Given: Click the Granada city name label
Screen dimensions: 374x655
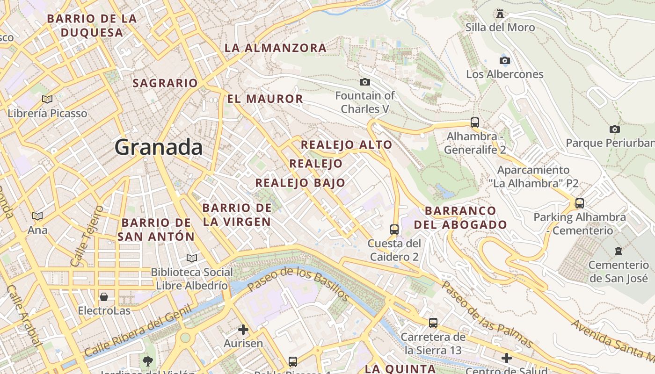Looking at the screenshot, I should pyautogui.click(x=159, y=147).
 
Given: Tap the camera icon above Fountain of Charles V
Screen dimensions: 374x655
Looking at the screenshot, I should pyautogui.click(x=365, y=82).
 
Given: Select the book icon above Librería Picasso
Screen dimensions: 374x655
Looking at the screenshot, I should pyautogui.click(x=47, y=99).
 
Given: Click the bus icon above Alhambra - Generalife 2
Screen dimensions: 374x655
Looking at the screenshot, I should pyautogui.click(x=475, y=122).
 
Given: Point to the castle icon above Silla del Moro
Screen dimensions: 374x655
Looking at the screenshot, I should pyautogui.click(x=500, y=13).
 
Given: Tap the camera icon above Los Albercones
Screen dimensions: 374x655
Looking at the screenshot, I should pyautogui.click(x=504, y=60).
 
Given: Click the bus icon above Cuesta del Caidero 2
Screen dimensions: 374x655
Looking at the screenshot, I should pyautogui.click(x=394, y=229).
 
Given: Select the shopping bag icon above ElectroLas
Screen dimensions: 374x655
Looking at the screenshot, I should pyautogui.click(x=104, y=297).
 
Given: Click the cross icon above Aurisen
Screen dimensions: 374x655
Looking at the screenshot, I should pyautogui.click(x=243, y=330).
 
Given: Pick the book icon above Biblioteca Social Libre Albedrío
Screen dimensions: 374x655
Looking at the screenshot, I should pyautogui.click(x=192, y=258).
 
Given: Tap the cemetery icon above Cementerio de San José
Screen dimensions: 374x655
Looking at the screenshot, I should pyautogui.click(x=619, y=251).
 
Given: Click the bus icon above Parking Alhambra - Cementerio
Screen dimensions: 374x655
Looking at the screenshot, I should pyautogui.click(x=580, y=203).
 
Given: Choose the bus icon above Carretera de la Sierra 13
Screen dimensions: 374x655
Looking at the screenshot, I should pyautogui.click(x=433, y=323).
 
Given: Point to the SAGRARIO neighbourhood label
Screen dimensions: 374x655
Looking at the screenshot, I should pyautogui.click(x=166, y=83).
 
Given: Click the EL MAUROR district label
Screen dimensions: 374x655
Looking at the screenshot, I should pyautogui.click(x=265, y=99).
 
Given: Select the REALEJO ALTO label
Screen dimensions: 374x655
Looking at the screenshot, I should pyautogui.click(x=346, y=145).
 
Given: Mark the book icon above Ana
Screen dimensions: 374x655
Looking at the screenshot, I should pyautogui.click(x=37, y=216).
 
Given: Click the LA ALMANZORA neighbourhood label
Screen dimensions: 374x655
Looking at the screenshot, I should pyautogui.click(x=276, y=48).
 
